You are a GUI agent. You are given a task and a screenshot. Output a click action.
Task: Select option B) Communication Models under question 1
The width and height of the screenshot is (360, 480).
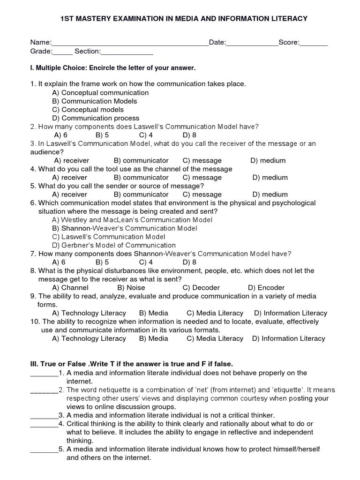[94, 101]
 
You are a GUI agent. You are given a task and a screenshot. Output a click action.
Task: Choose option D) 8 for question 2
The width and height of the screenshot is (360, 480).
[189, 135]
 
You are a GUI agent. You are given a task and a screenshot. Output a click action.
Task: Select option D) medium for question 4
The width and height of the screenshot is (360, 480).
[270, 178]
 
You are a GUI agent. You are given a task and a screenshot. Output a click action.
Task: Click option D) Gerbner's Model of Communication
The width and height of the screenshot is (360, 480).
[114, 245]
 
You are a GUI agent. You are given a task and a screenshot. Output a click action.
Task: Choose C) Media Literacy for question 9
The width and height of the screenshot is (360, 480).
[215, 313]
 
